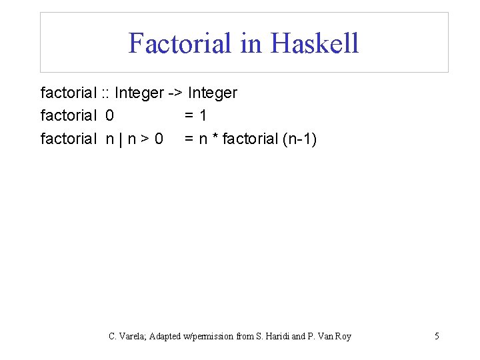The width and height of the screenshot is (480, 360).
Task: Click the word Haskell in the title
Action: pos(315,43)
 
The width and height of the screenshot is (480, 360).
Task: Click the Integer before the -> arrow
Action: pos(139,93)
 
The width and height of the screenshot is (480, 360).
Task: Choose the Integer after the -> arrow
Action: pos(213,93)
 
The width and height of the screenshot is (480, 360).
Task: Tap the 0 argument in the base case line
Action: pos(109,116)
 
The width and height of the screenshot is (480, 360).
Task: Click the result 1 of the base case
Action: pos(203,116)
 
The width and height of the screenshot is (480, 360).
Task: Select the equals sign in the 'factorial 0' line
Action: pos(189,116)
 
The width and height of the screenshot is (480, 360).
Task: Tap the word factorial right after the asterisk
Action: pos(251,139)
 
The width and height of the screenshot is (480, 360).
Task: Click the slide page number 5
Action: pos(437,336)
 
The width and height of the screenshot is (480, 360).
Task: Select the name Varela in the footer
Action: pos(131,336)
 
